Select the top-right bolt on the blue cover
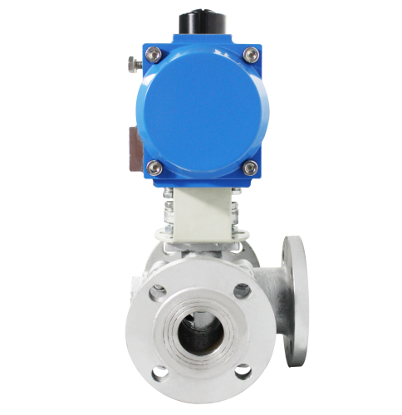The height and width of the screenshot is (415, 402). [x=252, y=56]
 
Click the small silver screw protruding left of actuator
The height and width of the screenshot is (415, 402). [x=131, y=63]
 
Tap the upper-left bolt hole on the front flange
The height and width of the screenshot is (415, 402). [x=158, y=292]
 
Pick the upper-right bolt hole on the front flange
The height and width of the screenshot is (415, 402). [x=242, y=291]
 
